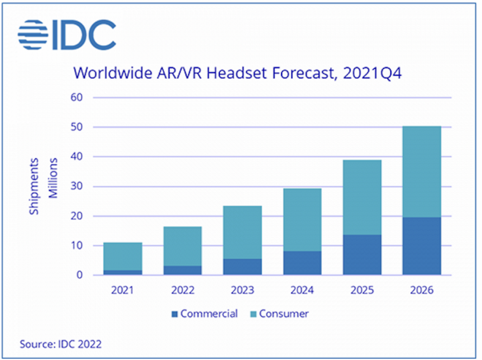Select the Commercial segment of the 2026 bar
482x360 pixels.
point(422,246)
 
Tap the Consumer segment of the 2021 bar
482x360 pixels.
point(123,256)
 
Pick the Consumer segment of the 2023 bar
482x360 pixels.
point(242,232)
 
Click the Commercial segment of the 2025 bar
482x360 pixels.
point(362,255)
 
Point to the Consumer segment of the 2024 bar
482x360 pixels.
point(302,220)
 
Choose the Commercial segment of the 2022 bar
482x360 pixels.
point(182,270)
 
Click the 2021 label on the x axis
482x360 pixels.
point(123,290)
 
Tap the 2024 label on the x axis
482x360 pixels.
point(302,290)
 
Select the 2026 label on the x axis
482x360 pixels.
point(422,290)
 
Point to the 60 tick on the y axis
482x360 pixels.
point(77,98)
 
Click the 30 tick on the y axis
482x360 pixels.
point(77,186)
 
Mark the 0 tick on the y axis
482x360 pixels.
point(80,276)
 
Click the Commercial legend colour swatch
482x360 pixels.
point(174,314)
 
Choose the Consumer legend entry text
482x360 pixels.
point(284,314)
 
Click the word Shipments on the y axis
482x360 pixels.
point(35,186)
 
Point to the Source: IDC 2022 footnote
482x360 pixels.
point(60,344)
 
